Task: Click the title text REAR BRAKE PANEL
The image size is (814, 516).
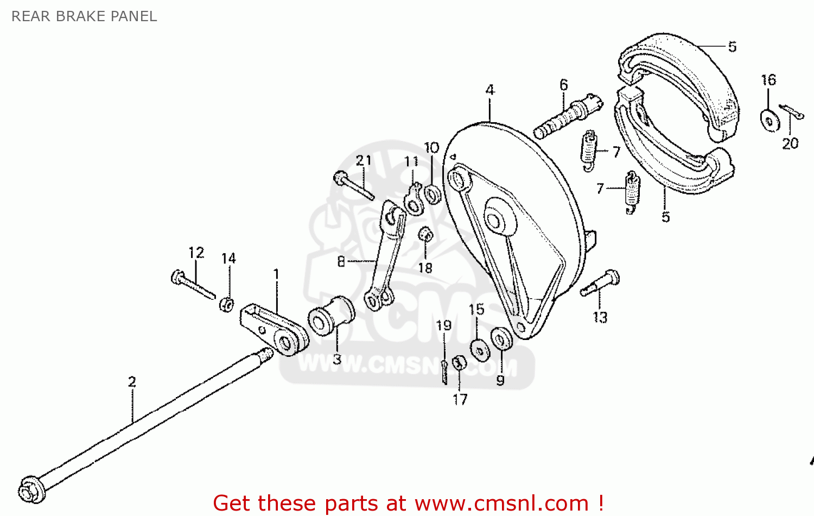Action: tap(84, 16)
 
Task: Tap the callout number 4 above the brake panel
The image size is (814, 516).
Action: tap(490, 90)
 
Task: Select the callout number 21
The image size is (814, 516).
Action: tap(364, 160)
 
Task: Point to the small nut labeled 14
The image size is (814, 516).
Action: tap(227, 304)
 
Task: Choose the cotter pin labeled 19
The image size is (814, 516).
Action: tap(444, 372)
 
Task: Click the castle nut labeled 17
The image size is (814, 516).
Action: tap(459, 362)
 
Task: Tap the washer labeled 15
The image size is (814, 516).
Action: tap(479, 350)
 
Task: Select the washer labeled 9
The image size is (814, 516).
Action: tap(501, 339)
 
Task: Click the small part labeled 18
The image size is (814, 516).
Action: tap(426, 235)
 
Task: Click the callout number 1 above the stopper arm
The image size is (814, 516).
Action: tap(276, 274)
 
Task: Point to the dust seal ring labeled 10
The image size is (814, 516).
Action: tap(432, 194)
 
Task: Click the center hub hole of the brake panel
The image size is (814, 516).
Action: tap(494, 220)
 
